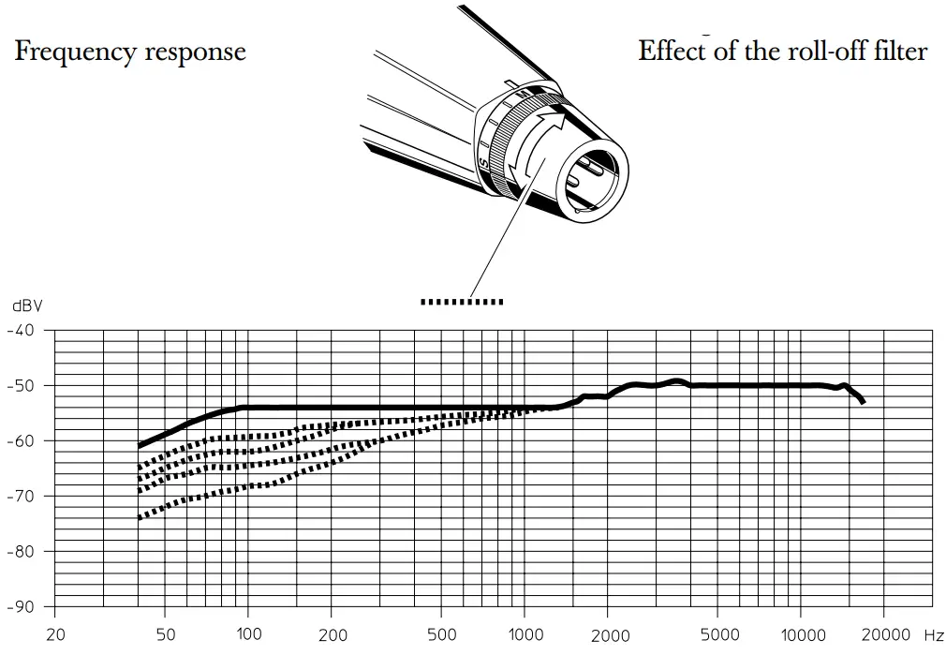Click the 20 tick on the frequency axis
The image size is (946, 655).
(55, 634)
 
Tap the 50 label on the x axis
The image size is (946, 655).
(165, 634)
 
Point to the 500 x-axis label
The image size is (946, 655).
(444, 634)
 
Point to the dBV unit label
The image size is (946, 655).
(27, 305)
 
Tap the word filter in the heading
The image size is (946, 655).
(898, 51)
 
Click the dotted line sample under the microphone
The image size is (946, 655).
(462, 302)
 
